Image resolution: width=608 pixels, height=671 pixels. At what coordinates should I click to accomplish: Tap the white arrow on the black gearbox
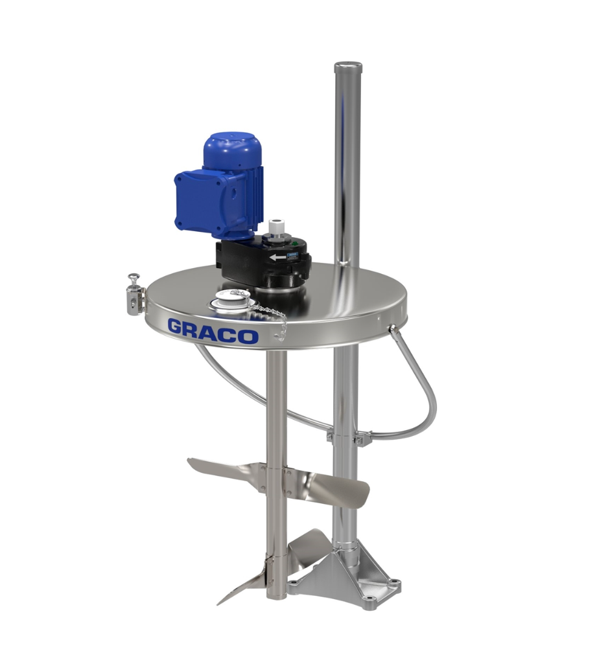pos(278,257)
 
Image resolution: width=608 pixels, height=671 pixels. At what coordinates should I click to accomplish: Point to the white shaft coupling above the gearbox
pos(274,227)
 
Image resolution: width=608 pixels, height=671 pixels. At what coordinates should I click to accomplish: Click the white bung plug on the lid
pos(229,297)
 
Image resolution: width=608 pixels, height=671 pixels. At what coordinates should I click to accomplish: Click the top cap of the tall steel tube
pos(347,66)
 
